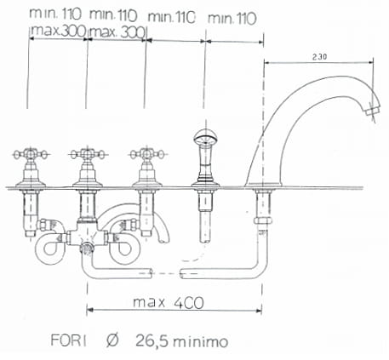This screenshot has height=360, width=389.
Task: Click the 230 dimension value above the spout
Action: click(319, 57)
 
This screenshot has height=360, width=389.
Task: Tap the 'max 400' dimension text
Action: click(169, 302)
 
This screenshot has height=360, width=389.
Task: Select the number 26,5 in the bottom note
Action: click(152, 340)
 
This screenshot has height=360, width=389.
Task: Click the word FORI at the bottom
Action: click(68, 340)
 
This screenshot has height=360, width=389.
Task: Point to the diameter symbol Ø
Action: click(112, 340)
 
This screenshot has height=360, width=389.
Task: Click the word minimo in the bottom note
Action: click(201, 341)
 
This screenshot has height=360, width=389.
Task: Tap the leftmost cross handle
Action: click(31, 155)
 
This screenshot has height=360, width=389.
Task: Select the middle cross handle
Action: click(88, 155)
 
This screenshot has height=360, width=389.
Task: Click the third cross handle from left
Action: click(147, 155)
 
